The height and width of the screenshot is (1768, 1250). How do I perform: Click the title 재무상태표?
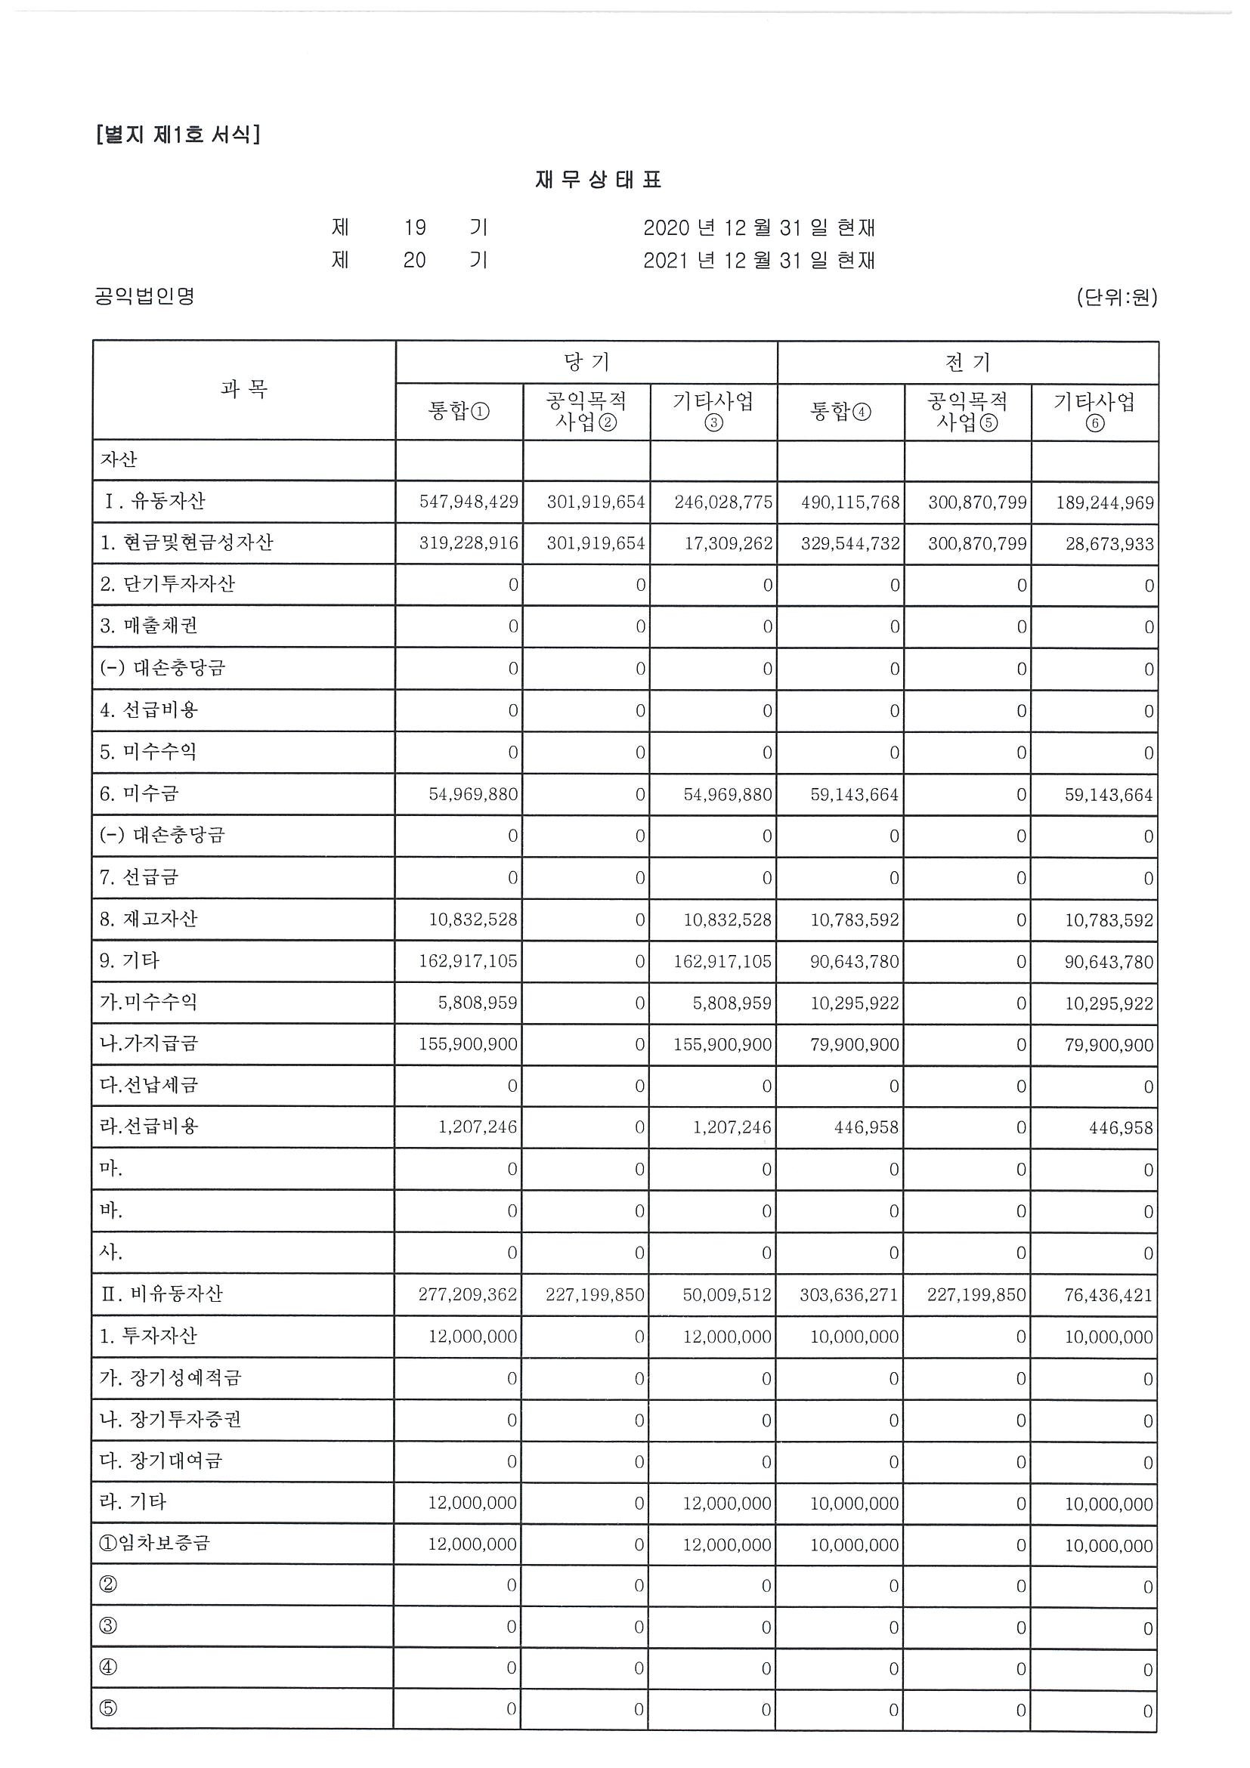click(599, 180)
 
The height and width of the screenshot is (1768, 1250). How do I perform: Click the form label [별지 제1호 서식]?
click(178, 134)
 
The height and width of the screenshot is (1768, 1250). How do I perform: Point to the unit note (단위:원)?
click(1116, 296)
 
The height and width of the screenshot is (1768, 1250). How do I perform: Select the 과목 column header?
click(243, 390)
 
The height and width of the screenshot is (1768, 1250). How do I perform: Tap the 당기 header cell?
click(586, 362)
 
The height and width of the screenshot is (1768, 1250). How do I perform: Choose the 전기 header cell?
click(967, 362)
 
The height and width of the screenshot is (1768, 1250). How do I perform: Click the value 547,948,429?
click(469, 502)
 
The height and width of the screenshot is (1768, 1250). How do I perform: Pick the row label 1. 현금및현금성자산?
click(187, 543)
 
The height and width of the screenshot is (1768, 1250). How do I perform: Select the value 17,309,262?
click(728, 544)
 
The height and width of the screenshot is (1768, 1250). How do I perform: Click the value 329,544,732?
click(849, 544)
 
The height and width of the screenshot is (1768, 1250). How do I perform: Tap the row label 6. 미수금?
click(138, 793)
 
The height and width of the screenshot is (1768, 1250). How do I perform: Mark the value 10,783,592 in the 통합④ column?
click(854, 920)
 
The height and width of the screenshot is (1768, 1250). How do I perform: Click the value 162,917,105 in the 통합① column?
click(469, 961)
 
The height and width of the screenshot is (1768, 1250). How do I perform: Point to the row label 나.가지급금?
click(149, 1043)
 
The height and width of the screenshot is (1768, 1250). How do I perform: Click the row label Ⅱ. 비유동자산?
click(162, 1294)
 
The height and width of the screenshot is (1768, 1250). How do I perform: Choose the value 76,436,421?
click(1109, 1295)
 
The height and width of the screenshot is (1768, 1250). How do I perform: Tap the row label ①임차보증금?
click(155, 1543)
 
